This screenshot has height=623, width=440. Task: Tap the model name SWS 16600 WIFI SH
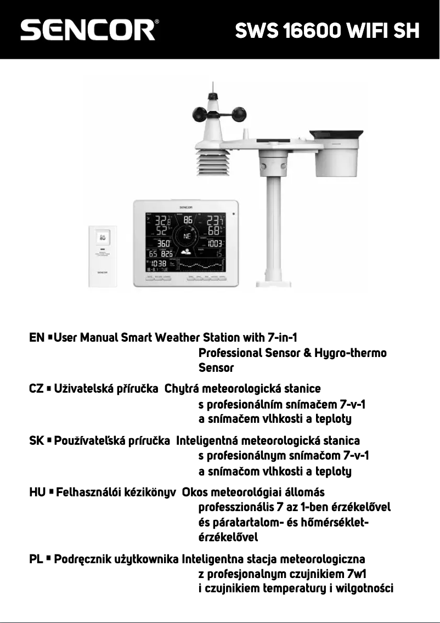[x=327, y=31]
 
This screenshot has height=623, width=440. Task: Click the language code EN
[x=36, y=337]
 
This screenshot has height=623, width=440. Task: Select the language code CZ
[x=36, y=389]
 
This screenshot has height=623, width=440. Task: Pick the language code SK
[x=36, y=440]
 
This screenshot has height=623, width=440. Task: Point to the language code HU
[x=37, y=492]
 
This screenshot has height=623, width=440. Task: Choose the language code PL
[x=36, y=560]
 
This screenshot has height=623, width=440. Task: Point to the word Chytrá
[x=182, y=389]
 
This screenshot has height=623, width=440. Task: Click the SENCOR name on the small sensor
[x=103, y=269]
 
